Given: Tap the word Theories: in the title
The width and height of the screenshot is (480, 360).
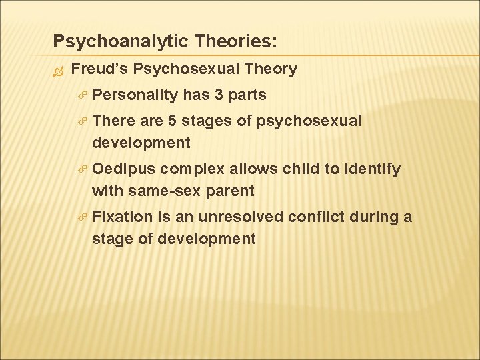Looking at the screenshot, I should (x=233, y=42).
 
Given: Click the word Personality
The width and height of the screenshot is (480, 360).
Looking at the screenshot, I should (x=135, y=95).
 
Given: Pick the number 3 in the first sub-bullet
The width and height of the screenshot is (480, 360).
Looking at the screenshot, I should (x=219, y=95).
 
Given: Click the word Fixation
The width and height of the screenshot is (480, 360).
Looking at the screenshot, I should (x=122, y=217).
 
